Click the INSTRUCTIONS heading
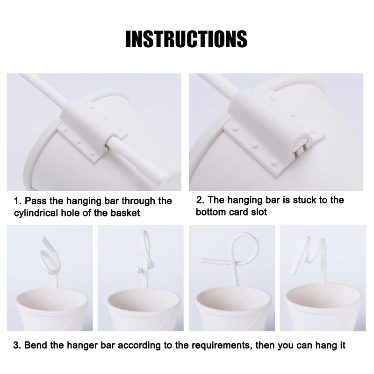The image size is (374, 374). pos(187,39)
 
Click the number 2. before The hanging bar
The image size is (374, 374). pos(200,200)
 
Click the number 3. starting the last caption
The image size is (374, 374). pos(17,346)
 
